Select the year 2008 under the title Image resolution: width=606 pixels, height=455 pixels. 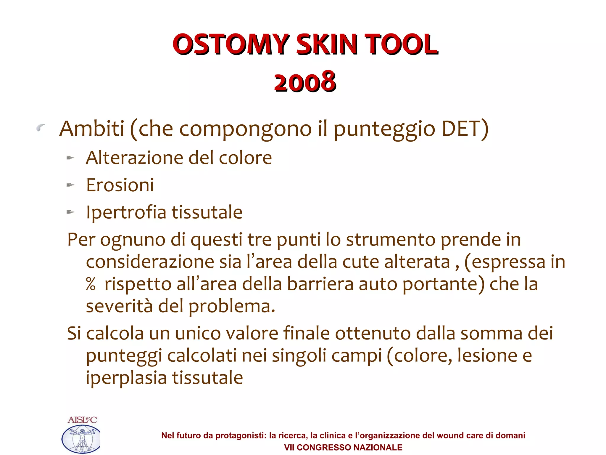click(305, 82)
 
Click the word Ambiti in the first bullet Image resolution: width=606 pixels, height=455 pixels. click(92, 129)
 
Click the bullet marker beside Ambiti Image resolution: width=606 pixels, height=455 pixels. click(41, 128)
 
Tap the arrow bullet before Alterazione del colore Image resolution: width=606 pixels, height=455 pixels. click(70, 158)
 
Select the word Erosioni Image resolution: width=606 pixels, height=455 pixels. click(120, 185)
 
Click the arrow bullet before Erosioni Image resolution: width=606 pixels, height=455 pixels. click(70, 185)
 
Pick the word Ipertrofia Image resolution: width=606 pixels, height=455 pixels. click(126, 212)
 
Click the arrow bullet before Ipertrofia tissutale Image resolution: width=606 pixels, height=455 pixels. click(70, 212)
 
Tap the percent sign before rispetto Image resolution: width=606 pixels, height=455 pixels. click(91, 284)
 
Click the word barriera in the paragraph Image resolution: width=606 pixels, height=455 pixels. click(320, 284)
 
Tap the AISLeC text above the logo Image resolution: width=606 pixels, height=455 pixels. click(82, 420)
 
